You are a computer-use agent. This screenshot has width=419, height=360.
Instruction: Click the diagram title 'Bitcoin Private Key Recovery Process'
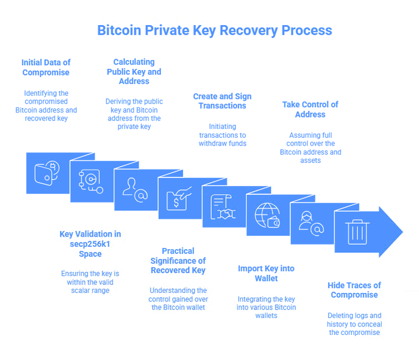click(214, 29)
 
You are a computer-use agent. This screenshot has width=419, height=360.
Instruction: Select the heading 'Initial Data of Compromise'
click(46, 67)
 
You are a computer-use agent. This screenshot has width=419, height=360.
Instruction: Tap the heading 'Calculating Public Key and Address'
click(134, 71)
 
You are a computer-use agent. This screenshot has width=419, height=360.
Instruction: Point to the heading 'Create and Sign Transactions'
click(222, 101)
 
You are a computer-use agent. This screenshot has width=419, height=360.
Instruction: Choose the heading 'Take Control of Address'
click(310, 109)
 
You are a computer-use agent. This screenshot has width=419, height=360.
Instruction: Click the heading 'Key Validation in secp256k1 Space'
click(90, 244)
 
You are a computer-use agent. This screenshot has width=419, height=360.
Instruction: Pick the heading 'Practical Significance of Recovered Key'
click(178, 261)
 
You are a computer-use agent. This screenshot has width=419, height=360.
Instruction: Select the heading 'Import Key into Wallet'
click(266, 273)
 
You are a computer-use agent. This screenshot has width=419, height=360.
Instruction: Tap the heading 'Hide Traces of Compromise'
click(354, 290)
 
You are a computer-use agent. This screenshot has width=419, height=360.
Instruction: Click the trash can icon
click(357, 231)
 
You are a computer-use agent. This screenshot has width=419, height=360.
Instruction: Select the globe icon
click(266, 214)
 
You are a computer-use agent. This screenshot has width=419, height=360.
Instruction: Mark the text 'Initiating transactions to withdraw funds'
click(222, 135)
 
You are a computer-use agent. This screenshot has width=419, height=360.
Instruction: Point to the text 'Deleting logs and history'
click(354, 319)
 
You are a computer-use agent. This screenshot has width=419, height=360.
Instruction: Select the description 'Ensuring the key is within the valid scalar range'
click(90, 282)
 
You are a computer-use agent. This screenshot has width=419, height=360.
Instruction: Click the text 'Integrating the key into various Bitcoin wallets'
click(266, 307)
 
